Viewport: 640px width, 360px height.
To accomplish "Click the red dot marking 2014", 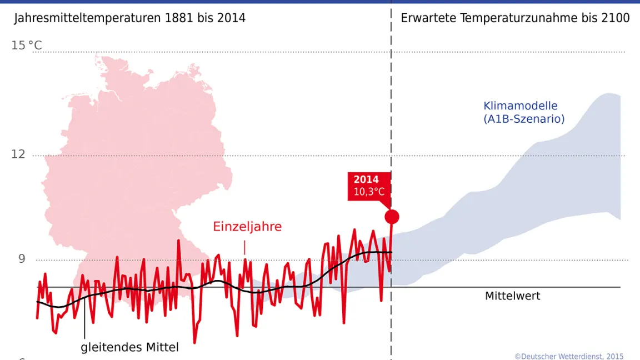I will pos(392,217).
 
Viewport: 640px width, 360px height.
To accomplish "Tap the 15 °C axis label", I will pos(27,46).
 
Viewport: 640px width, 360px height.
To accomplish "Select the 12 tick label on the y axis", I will pos(18,153).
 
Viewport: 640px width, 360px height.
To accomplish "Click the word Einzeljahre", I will pos(247,227).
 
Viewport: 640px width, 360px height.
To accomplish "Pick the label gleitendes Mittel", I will pos(130,348).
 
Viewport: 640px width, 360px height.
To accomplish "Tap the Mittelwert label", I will pos(512,296).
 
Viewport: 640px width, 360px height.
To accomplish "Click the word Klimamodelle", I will pos(521,106).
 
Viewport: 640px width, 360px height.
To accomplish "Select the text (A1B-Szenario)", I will pos(524,119).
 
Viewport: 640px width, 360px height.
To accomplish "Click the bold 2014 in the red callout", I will pos(366,179).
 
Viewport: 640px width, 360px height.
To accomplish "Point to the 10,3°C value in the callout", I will pos(369,192).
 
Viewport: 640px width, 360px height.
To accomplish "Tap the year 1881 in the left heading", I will pos(179,18).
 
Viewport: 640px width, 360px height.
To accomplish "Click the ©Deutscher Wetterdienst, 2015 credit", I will pos(569,356).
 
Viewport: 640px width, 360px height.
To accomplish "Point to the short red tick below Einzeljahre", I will pos(244,247).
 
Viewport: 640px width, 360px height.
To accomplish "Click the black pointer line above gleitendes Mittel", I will pos(84,325).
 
